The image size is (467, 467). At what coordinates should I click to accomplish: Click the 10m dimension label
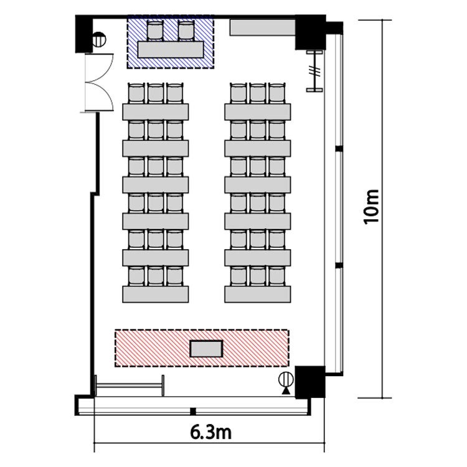coord(371,207)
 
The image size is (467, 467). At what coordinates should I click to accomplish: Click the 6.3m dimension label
coord(211,433)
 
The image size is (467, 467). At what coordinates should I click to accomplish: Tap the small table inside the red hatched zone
coord(206,349)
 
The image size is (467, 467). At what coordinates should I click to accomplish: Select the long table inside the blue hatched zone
coord(171,49)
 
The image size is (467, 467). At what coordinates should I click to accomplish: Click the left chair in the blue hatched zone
coord(155,30)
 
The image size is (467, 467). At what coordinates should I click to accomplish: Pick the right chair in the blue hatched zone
coord(186,30)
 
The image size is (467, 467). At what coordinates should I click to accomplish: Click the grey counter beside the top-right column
coord(262,27)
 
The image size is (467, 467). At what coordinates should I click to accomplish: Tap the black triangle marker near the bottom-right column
coord(286,391)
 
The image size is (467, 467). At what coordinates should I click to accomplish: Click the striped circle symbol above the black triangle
coord(286,380)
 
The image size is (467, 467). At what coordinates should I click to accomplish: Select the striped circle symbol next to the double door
coord(99,40)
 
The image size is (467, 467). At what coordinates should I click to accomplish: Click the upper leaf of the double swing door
coord(99,68)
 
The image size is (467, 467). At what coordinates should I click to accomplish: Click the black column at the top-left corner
coord(84,34)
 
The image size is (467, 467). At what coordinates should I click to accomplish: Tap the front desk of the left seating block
coord(156,295)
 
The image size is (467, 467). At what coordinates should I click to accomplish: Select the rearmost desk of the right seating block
coord(258,111)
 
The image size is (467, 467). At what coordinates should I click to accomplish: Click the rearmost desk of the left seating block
coord(156,111)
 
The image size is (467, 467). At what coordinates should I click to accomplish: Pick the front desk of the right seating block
coord(258,295)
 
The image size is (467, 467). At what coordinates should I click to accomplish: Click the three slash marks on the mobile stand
coord(315,72)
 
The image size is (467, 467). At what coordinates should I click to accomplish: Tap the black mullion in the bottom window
coord(193,412)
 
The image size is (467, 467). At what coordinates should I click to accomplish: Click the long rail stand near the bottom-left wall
coord(130,385)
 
